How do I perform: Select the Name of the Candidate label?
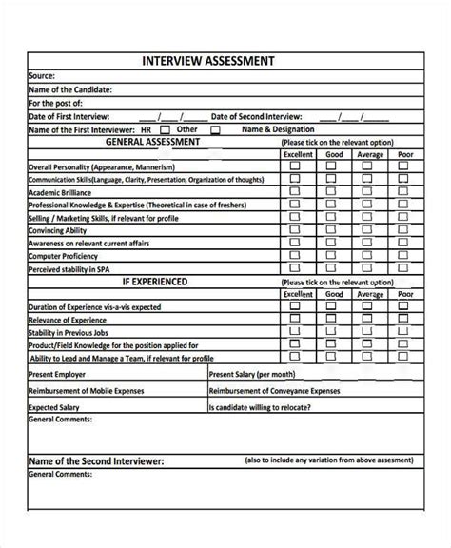click(70, 88)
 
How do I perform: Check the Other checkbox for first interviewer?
click(214, 130)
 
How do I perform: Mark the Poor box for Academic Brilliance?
click(403, 190)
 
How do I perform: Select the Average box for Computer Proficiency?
click(369, 255)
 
